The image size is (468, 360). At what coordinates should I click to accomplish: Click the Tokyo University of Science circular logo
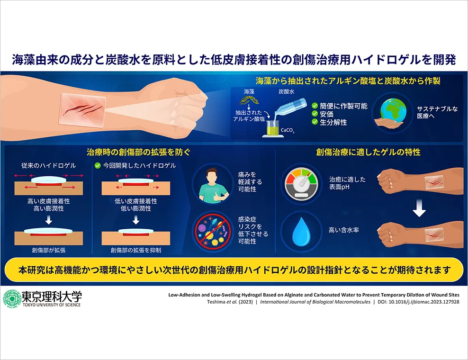tap(12, 299)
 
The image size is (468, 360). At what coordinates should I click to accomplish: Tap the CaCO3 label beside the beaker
tap(288, 130)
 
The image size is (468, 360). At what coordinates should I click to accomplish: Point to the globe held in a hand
tap(393, 109)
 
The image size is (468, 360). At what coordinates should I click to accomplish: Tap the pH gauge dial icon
tap(301, 183)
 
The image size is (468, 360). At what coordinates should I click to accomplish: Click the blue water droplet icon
tap(301, 231)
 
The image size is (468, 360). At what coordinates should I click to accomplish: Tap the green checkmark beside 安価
tap(315, 114)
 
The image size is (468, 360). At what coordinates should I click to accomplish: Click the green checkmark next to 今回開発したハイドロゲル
tap(97, 165)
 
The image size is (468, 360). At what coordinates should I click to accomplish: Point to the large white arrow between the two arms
tap(419, 208)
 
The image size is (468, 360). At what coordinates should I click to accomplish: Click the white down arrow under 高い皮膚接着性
tap(49, 220)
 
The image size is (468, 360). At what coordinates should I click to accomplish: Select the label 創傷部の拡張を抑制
tap(136, 250)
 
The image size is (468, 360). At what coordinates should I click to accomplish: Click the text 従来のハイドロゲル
tap(49, 166)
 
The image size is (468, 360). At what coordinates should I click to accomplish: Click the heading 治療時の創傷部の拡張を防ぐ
tap(138, 152)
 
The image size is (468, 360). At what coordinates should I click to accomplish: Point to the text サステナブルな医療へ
tap(437, 112)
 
